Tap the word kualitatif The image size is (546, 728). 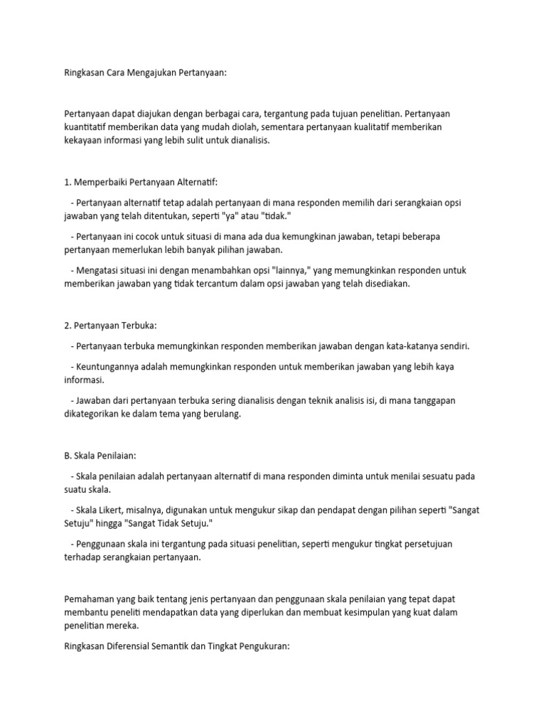coord(373,127)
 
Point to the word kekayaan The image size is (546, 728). coord(83,140)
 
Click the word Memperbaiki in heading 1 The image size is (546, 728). coord(101,182)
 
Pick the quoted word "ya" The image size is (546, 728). coord(267,216)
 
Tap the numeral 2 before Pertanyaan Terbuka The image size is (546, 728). coord(66,325)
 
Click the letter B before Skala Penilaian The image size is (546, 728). coord(66,456)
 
